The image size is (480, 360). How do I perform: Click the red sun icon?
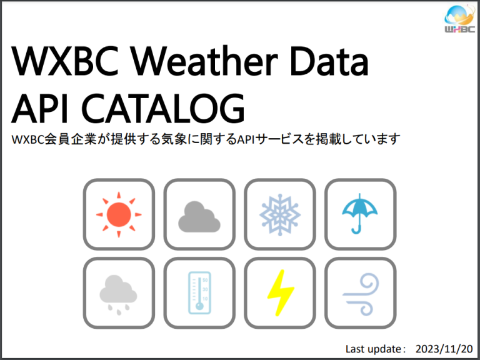(119, 214)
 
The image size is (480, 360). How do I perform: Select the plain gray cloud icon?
(199, 216)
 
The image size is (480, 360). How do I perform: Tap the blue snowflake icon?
(280, 214)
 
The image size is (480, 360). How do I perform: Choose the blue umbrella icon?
(360, 214)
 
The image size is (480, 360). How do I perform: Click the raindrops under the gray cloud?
(119, 307)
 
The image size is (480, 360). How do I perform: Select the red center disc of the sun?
(118, 214)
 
